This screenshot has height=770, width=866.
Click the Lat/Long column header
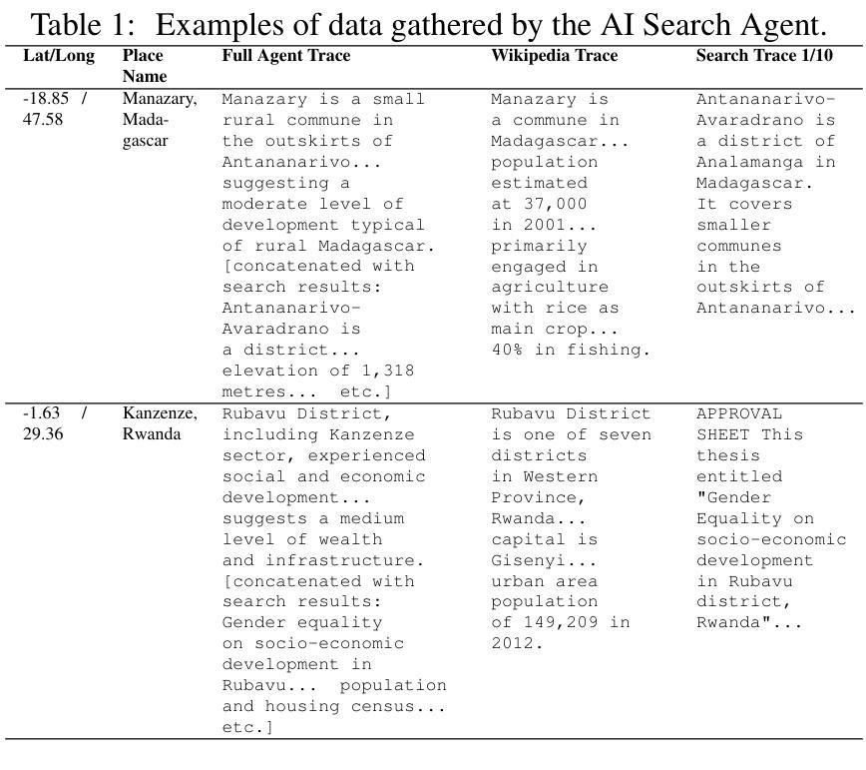[58, 56]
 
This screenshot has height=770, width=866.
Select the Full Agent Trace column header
[285, 56]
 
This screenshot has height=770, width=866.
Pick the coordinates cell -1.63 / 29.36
[55, 423]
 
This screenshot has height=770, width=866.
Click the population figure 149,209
[564, 622]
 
